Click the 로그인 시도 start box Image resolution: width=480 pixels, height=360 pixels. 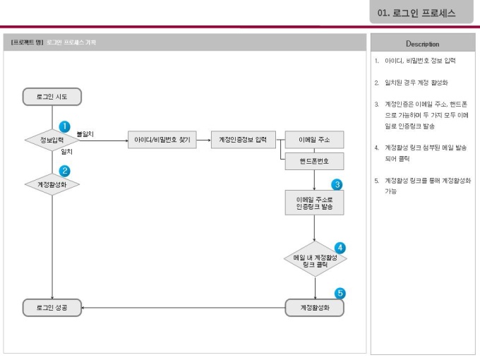pyautogui.click(x=52, y=96)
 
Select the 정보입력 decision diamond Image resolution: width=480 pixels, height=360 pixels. pyautogui.click(x=52, y=140)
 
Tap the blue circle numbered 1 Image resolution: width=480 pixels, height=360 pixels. pyautogui.click(x=64, y=126)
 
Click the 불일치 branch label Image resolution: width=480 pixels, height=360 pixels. pyautogui.click(x=85, y=133)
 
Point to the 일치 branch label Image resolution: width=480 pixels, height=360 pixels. pyautogui.click(x=67, y=151)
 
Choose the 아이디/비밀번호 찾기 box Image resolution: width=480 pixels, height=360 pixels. pyautogui.click(x=162, y=140)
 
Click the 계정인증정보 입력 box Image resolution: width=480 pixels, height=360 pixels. pyautogui.click(x=243, y=140)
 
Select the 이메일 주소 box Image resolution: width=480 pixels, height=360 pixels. pyautogui.click(x=314, y=140)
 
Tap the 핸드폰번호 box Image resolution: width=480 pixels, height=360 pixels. pyautogui.click(x=314, y=162)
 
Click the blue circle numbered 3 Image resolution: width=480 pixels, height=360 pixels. pyautogui.click(x=337, y=185)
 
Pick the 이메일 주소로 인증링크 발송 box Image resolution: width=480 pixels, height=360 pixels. pyautogui.click(x=314, y=204)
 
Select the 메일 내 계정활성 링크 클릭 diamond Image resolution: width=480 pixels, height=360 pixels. pyautogui.click(x=315, y=260)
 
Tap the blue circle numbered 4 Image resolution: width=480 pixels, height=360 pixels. pyautogui.click(x=340, y=248)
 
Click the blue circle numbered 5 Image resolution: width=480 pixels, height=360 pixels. pyautogui.click(x=340, y=293)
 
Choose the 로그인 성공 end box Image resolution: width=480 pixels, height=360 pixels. pyautogui.click(x=52, y=307)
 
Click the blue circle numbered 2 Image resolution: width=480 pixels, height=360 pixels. pyautogui.click(x=64, y=170)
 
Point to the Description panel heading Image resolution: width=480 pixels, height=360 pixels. pyautogui.click(x=422, y=44)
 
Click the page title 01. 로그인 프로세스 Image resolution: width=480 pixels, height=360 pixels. pyautogui.click(x=416, y=13)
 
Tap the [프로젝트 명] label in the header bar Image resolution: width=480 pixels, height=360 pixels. pyautogui.click(x=26, y=42)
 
